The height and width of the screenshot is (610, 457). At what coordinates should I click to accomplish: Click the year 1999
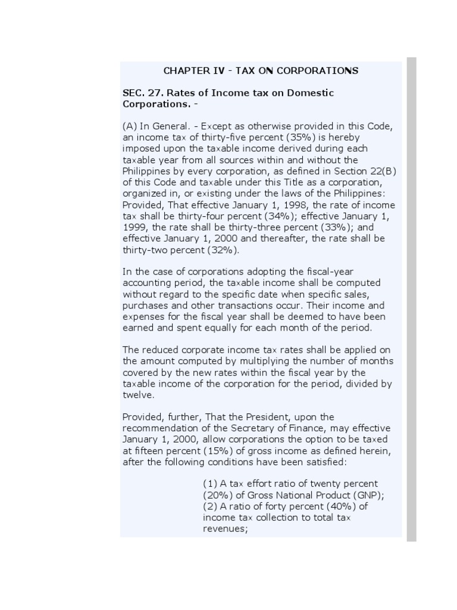[x=134, y=228]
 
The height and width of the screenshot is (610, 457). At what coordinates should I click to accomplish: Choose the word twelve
[x=137, y=395]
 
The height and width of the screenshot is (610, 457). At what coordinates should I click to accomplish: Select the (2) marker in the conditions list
[x=210, y=507]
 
